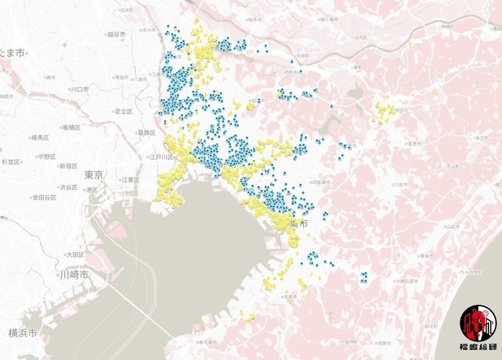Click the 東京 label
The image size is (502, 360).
click(93, 175)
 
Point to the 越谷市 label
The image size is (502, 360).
click(116, 34)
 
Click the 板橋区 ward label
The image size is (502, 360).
click(70, 128)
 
